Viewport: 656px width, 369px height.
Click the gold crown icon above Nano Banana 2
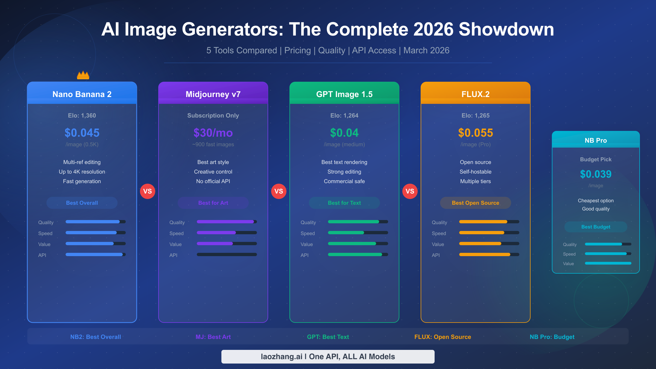[83, 75]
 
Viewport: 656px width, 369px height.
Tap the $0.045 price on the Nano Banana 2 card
[82, 133]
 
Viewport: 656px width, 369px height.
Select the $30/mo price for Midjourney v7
[213, 133]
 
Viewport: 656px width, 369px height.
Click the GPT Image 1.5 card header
[344, 94]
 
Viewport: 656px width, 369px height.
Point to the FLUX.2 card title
[476, 94]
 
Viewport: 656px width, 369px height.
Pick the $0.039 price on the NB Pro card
[596, 174]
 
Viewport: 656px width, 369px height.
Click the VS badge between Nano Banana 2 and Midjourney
[148, 191]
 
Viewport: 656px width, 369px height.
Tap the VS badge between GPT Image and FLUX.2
[410, 191]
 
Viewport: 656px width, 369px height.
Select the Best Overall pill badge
[82, 203]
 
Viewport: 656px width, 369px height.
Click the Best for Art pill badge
[213, 203]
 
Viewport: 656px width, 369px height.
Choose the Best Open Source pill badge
[476, 203]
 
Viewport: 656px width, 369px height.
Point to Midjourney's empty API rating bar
[227, 254]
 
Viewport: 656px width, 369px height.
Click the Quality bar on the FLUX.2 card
[489, 222]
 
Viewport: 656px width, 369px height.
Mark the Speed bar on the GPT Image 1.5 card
[358, 233]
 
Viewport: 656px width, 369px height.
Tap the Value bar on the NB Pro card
[608, 263]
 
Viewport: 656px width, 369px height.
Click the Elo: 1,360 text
[82, 116]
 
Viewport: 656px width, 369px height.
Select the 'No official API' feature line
[213, 181]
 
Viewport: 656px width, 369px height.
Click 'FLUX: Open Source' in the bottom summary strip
[443, 337]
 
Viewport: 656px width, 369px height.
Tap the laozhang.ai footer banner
[328, 357]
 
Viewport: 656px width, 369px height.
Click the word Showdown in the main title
[506, 29]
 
